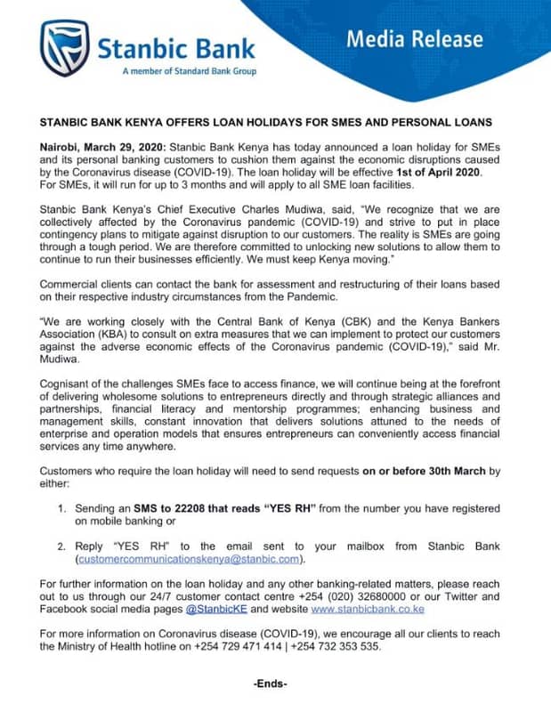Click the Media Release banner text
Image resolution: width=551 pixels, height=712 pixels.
coord(426,39)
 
